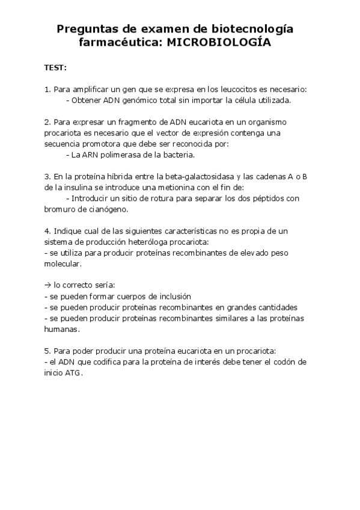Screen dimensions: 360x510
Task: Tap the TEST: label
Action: (x=55, y=67)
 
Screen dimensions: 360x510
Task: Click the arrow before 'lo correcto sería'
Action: (x=48, y=285)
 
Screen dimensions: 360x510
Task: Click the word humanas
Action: (x=61, y=329)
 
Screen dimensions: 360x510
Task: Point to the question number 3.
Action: (x=47, y=176)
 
